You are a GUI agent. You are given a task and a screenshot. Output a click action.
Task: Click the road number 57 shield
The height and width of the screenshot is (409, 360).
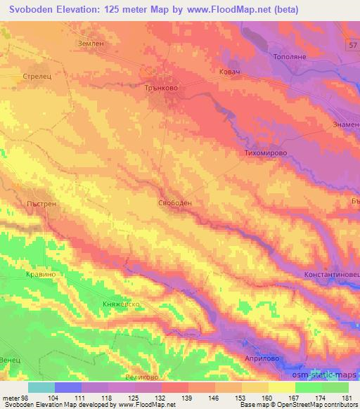pos(352,44)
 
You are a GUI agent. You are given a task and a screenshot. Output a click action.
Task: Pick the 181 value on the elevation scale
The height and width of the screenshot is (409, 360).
pos(347,398)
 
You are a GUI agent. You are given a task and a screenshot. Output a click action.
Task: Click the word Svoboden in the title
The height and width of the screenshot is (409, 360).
pos(35,10)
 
